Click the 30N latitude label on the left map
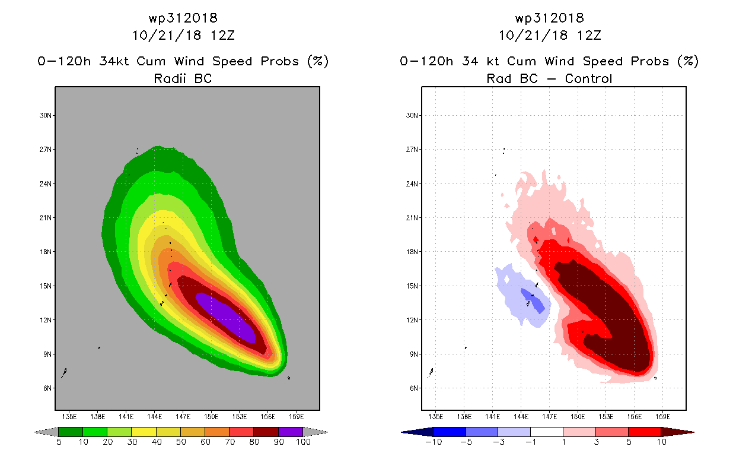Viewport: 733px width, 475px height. click(x=43, y=115)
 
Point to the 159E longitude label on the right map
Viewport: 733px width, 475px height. click(x=663, y=416)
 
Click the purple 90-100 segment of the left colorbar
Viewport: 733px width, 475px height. click(x=291, y=432)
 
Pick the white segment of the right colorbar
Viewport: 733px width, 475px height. click(x=546, y=432)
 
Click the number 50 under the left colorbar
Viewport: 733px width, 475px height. click(x=180, y=442)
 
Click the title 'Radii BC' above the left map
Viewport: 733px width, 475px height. click(x=183, y=78)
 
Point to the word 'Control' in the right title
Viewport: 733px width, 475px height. click(x=588, y=78)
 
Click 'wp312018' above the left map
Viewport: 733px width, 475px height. click(x=183, y=18)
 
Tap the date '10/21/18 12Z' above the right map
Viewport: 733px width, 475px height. click(x=550, y=35)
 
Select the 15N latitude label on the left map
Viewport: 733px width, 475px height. click(x=43, y=286)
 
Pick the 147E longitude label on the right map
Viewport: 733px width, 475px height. click(x=549, y=416)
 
